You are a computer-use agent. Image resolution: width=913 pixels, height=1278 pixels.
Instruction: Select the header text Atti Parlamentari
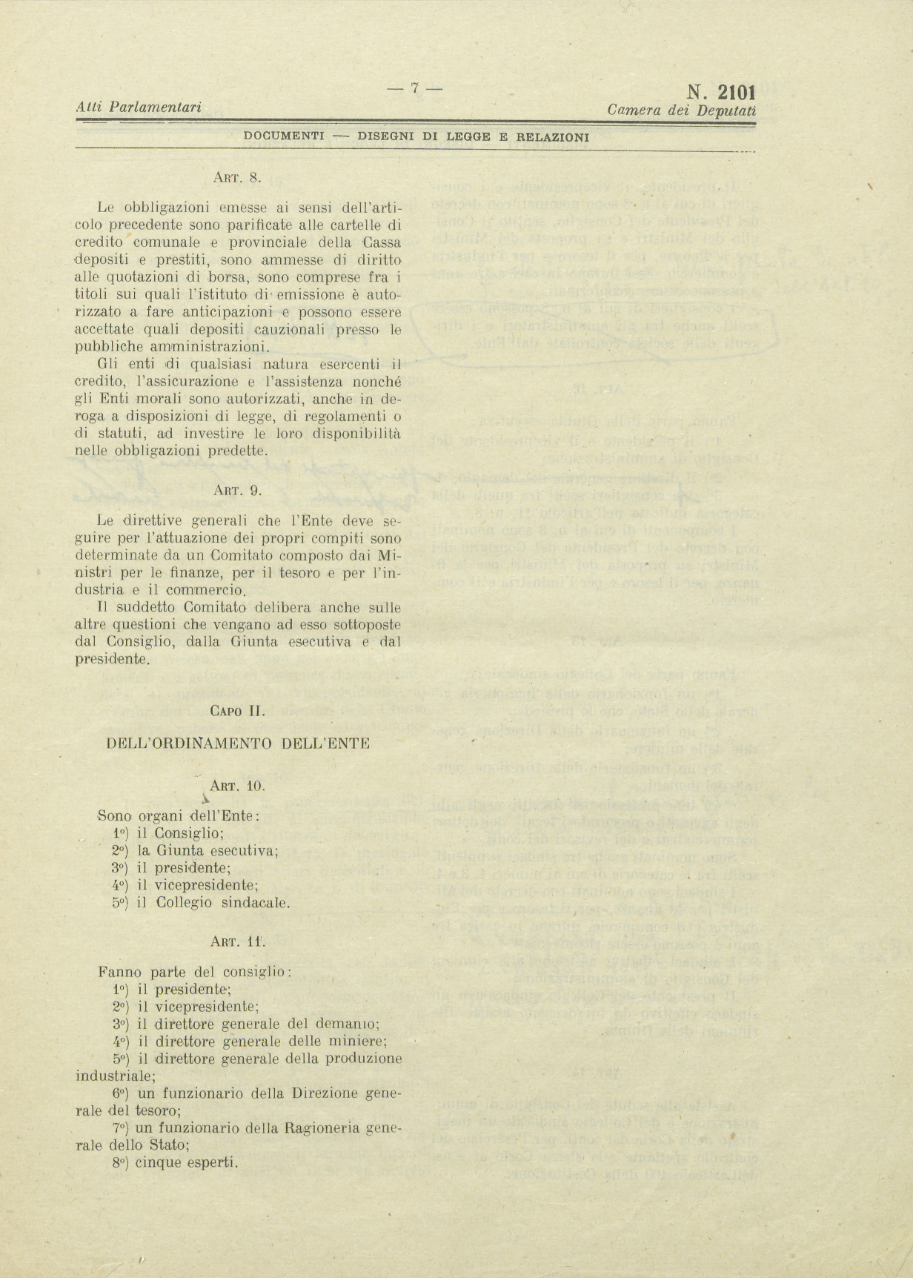(x=139, y=108)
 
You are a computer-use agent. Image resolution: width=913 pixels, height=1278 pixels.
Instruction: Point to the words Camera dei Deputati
(x=681, y=110)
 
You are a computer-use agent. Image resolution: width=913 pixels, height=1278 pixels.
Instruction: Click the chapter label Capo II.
(x=237, y=711)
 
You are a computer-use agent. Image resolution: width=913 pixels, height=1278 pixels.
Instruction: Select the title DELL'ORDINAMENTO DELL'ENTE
(x=238, y=744)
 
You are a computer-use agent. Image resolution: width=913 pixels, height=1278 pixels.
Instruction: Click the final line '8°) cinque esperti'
(x=176, y=1162)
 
